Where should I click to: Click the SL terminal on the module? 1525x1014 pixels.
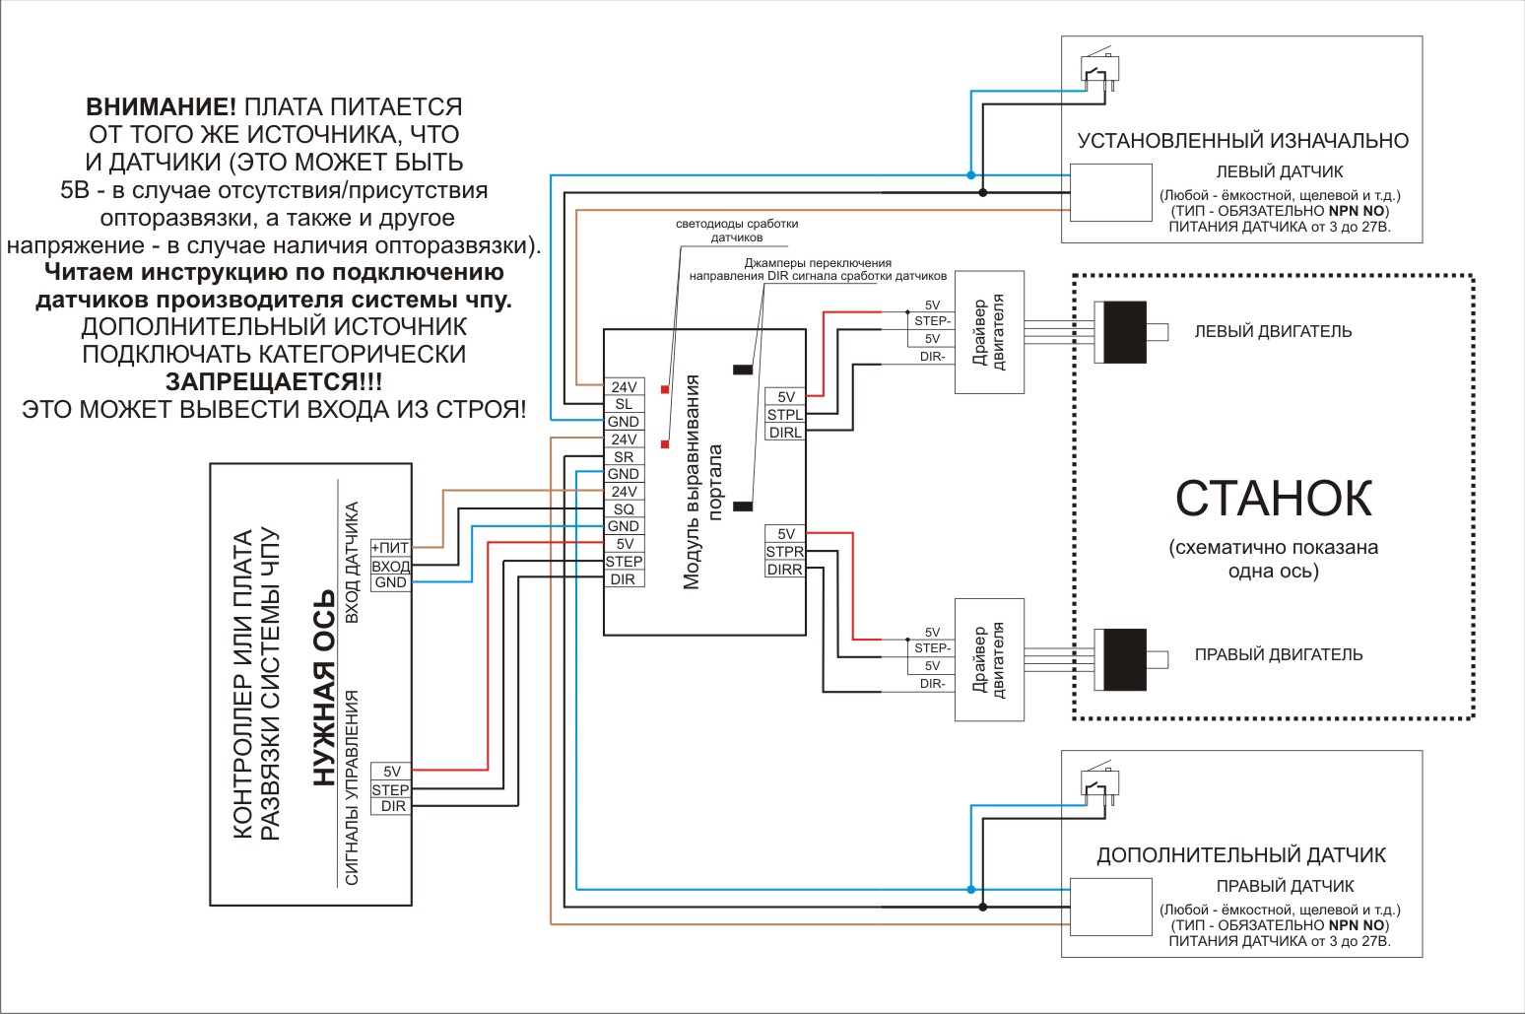(624, 404)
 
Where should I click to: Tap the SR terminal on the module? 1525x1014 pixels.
(624, 457)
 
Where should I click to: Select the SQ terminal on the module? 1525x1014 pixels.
(624, 509)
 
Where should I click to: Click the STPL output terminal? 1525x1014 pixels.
(784, 415)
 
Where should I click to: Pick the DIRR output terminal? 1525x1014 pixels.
(784, 570)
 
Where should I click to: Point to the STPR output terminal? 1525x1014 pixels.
(784, 552)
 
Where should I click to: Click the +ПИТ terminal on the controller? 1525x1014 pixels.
(390, 548)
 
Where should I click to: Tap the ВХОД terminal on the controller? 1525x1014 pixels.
(390, 566)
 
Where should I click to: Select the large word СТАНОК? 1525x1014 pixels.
(1273, 499)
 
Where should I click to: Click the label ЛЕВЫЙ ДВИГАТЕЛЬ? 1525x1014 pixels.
(1273, 332)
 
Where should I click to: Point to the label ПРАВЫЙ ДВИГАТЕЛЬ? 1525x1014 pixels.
(1278, 655)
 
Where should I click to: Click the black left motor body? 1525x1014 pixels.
(1125, 332)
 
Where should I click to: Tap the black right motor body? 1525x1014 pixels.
(1125, 659)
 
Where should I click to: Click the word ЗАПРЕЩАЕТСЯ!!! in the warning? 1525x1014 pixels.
(274, 381)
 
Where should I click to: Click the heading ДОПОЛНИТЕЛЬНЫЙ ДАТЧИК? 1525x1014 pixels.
(1241, 855)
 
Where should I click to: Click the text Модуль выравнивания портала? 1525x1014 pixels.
(703, 482)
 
